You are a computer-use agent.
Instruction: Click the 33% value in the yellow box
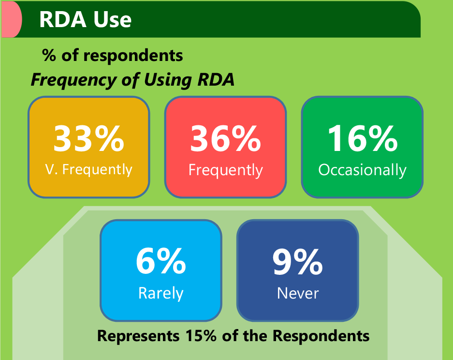(x=88, y=138)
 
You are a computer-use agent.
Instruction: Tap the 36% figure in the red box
(x=225, y=138)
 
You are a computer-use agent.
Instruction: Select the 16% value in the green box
(x=362, y=138)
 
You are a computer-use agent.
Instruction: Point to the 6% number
(x=161, y=261)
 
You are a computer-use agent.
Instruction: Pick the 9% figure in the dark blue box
(x=298, y=262)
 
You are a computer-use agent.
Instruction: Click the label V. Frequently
(x=88, y=169)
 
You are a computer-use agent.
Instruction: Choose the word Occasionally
(x=362, y=170)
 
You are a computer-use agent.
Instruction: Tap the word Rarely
(x=161, y=294)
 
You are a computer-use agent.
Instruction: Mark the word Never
(x=298, y=293)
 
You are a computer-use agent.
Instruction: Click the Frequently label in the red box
(x=226, y=170)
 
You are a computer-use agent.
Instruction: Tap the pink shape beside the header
(x=12, y=19)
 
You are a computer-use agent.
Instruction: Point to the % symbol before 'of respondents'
(x=48, y=55)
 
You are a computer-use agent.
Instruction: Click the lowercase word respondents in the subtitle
(x=133, y=56)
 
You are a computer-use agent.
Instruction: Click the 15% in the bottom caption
(x=201, y=336)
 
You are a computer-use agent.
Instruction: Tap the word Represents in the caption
(x=138, y=336)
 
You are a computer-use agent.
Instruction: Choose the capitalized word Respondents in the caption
(x=321, y=336)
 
